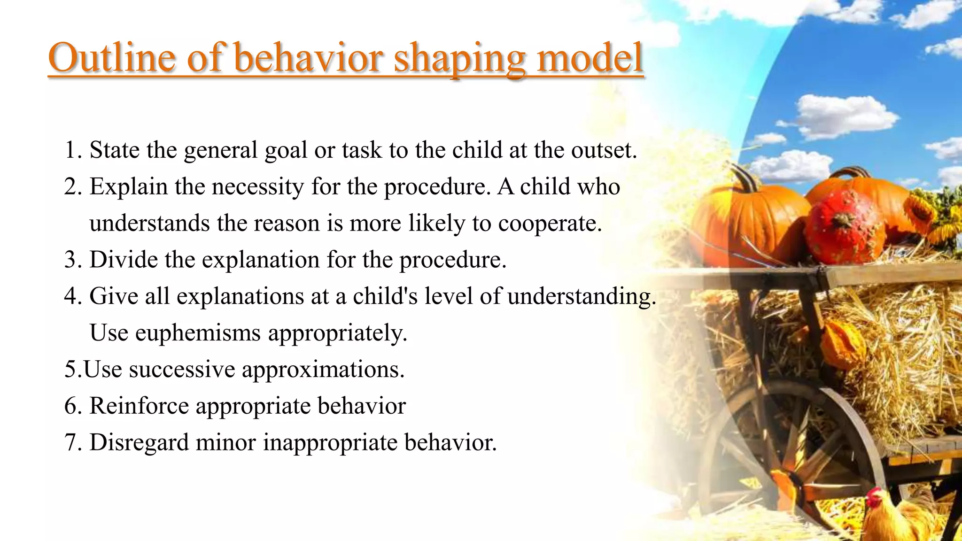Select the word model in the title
(x=590, y=58)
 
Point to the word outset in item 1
(x=603, y=151)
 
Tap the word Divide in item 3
(x=124, y=260)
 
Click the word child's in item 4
(x=385, y=296)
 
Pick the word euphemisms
(x=198, y=333)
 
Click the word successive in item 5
(x=182, y=370)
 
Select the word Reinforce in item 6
(x=139, y=406)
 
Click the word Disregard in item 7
(x=139, y=443)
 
